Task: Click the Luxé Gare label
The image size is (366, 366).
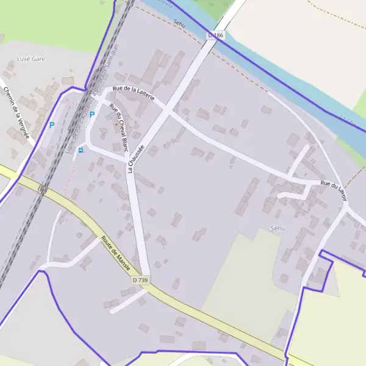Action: click(x=32, y=59)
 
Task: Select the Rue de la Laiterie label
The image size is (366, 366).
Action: click(x=138, y=93)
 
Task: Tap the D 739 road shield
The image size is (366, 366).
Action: click(x=141, y=279)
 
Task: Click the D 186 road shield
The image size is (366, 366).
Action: click(x=216, y=36)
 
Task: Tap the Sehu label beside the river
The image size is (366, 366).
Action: click(x=179, y=23)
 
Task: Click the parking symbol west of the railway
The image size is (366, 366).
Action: click(x=52, y=125)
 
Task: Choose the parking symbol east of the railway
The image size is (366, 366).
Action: click(x=92, y=114)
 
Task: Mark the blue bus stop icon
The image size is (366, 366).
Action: click(x=81, y=150)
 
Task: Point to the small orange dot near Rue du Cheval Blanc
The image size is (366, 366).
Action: click(x=115, y=124)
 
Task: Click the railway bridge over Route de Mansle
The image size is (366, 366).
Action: click(x=41, y=190)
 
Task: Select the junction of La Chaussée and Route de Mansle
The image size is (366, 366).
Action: click(x=146, y=287)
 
